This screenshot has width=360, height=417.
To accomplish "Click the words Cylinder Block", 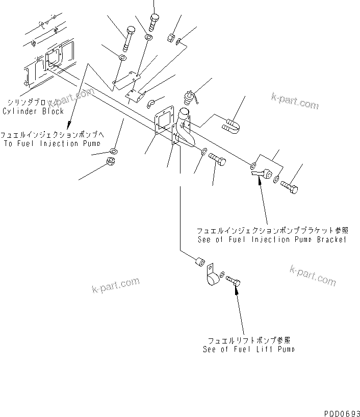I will (33, 111).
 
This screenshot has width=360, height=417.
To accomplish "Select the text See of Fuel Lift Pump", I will (248, 349).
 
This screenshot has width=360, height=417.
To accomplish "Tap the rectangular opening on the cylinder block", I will (54, 59).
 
